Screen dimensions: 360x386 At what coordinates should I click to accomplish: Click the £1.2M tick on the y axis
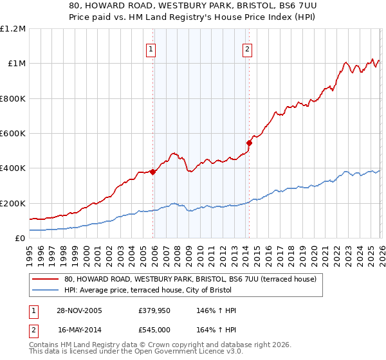13,28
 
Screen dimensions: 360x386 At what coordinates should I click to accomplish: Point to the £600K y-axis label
13,134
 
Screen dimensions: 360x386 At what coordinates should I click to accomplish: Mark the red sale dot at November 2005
153,172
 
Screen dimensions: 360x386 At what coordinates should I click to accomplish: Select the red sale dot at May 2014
249,143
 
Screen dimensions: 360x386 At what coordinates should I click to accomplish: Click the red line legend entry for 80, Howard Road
190,280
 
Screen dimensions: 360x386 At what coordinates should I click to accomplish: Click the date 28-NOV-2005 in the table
80,310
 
